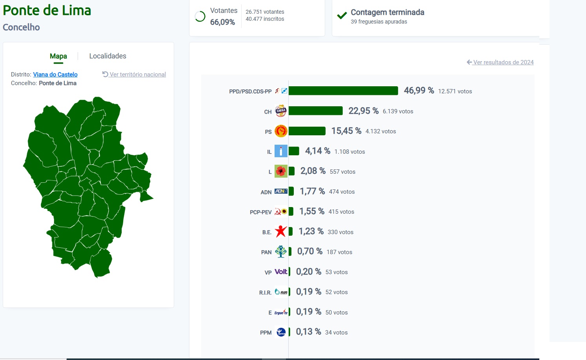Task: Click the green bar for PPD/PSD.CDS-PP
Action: [x=343, y=91]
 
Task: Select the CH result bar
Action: [x=316, y=111]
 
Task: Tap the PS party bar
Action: [x=307, y=131]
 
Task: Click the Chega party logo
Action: [x=281, y=111]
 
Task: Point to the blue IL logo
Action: [x=281, y=151]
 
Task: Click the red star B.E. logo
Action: [x=281, y=231]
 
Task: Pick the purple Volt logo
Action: [x=281, y=272]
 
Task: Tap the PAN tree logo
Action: [x=281, y=251]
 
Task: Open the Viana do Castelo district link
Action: [x=55, y=74]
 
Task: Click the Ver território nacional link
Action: [x=134, y=74]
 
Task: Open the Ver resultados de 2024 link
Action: [x=500, y=62]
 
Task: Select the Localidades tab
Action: [x=107, y=56]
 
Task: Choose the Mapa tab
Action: [x=58, y=56]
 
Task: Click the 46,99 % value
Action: [x=419, y=91]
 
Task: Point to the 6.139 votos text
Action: [x=398, y=111]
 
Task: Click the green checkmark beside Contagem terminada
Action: [x=342, y=15]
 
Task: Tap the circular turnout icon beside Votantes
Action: [x=200, y=16]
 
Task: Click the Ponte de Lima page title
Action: [x=47, y=11]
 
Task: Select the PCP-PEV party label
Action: [x=260, y=212]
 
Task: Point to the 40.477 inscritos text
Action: [x=265, y=19]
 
